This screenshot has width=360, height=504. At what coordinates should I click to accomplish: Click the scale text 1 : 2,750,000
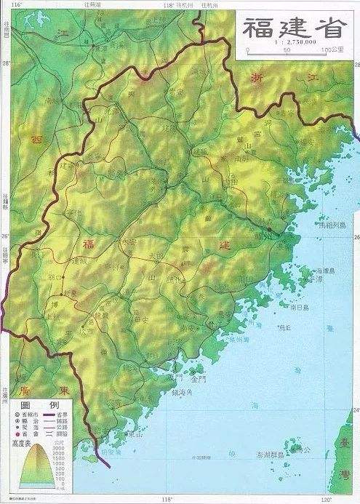[292, 44]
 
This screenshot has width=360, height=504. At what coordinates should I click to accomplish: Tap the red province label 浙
[257, 81]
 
